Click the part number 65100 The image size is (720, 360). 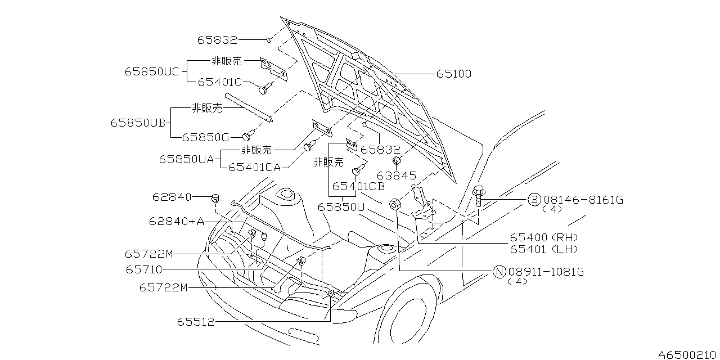pyautogui.click(x=454, y=74)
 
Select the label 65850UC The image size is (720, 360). pyautogui.click(x=152, y=71)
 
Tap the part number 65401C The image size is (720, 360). pyautogui.click(x=219, y=82)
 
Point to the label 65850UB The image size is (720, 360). pyautogui.click(x=138, y=122)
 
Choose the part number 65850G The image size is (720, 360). pyautogui.click(x=205, y=137)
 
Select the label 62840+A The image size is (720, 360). pyautogui.click(x=177, y=222)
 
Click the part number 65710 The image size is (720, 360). pyautogui.click(x=144, y=270)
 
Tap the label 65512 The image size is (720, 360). pyautogui.click(x=196, y=322)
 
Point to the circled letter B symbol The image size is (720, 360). pyautogui.click(x=534, y=200)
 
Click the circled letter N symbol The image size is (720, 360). pyautogui.click(x=499, y=272)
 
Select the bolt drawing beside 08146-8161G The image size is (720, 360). pyautogui.click(x=478, y=196)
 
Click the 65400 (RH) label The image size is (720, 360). pyautogui.click(x=544, y=238)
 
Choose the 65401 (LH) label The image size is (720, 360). pyautogui.click(x=544, y=249)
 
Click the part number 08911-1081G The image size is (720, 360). pyautogui.click(x=546, y=272)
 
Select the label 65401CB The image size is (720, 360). pyautogui.click(x=358, y=186)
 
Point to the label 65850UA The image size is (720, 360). pyautogui.click(x=186, y=159)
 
